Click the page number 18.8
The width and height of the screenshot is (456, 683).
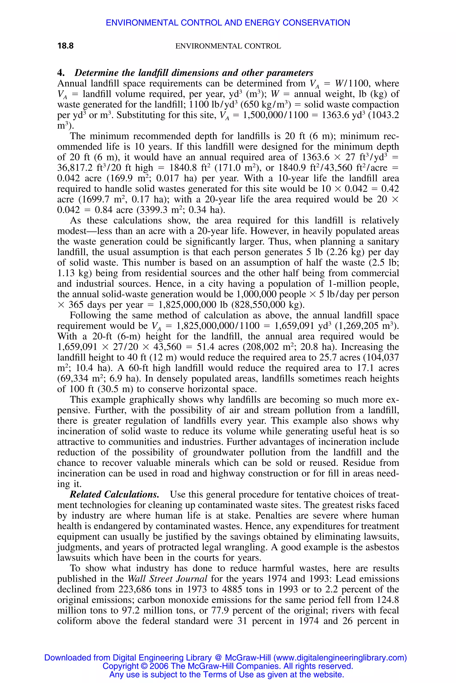(65, 46)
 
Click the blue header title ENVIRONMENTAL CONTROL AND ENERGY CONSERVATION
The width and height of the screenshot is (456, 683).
(228, 23)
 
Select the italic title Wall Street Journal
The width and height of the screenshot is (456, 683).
(167, 579)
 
